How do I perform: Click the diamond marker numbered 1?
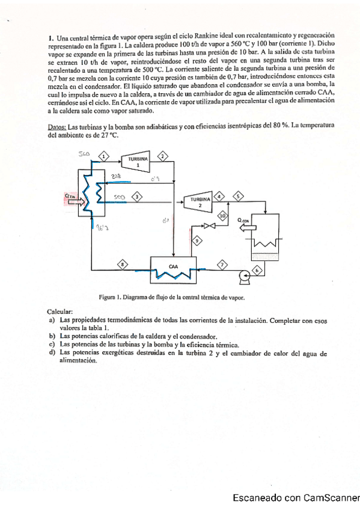[105, 156]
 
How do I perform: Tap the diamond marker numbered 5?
[239, 196]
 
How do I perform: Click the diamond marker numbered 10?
[222, 215]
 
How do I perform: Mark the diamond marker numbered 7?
[223, 264]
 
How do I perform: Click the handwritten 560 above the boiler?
[84, 155]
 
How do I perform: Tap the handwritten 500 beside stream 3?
[119, 197]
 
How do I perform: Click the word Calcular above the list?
[60, 312]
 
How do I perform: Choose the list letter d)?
[52, 354]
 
